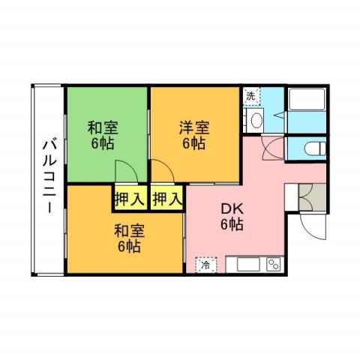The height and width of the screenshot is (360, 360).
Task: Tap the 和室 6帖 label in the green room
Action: (x=103, y=134)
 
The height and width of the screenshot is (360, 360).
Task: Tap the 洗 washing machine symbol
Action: (x=252, y=96)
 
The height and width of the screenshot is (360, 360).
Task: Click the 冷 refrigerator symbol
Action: (x=204, y=264)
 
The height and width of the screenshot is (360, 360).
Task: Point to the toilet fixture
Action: (x=313, y=148)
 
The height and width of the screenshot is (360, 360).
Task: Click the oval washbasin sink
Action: (x=256, y=120)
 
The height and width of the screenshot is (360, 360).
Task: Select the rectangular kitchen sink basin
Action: (x=247, y=264)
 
